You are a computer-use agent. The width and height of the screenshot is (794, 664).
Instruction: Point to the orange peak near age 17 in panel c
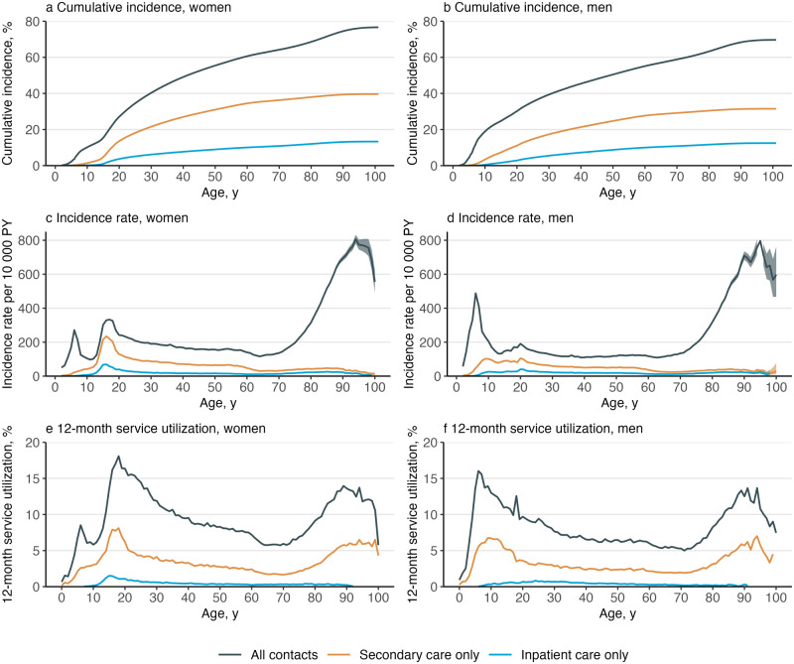pos(106,336)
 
